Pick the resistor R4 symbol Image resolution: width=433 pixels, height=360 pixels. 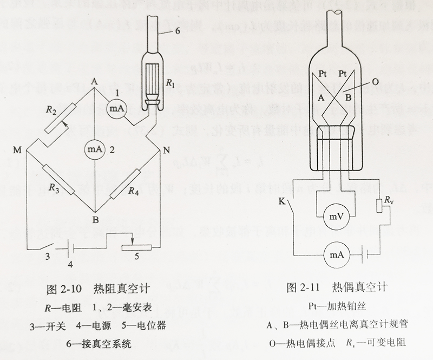125,184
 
